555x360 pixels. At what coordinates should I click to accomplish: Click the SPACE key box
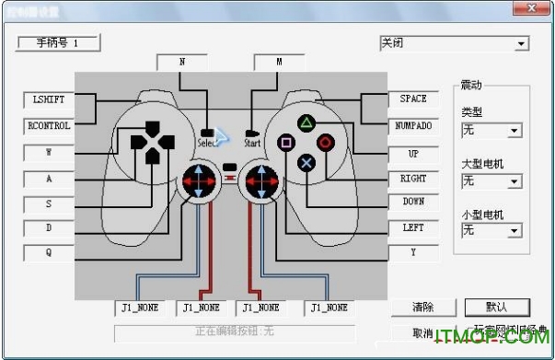[412, 99]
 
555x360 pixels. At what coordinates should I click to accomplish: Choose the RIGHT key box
[412, 178]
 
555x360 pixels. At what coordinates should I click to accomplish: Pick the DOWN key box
[412, 202]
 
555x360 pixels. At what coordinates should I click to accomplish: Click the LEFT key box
[412, 227]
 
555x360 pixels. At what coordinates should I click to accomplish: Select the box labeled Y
[412, 251]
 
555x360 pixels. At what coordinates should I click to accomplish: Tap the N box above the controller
[181, 62]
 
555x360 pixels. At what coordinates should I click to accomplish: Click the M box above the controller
[279, 62]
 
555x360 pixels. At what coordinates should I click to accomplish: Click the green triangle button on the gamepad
[305, 122]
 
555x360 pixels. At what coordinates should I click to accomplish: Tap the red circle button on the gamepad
[325, 142]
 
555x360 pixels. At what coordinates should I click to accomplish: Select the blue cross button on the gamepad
[306, 162]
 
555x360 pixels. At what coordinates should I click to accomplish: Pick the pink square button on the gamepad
[285, 143]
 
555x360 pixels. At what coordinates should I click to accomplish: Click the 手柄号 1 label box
[57, 43]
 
